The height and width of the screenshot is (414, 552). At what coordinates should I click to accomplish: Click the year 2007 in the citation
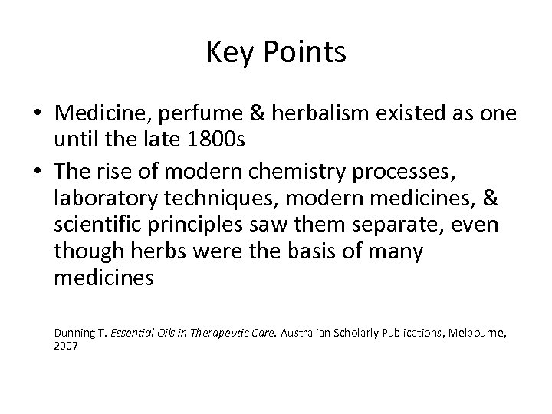66,347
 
